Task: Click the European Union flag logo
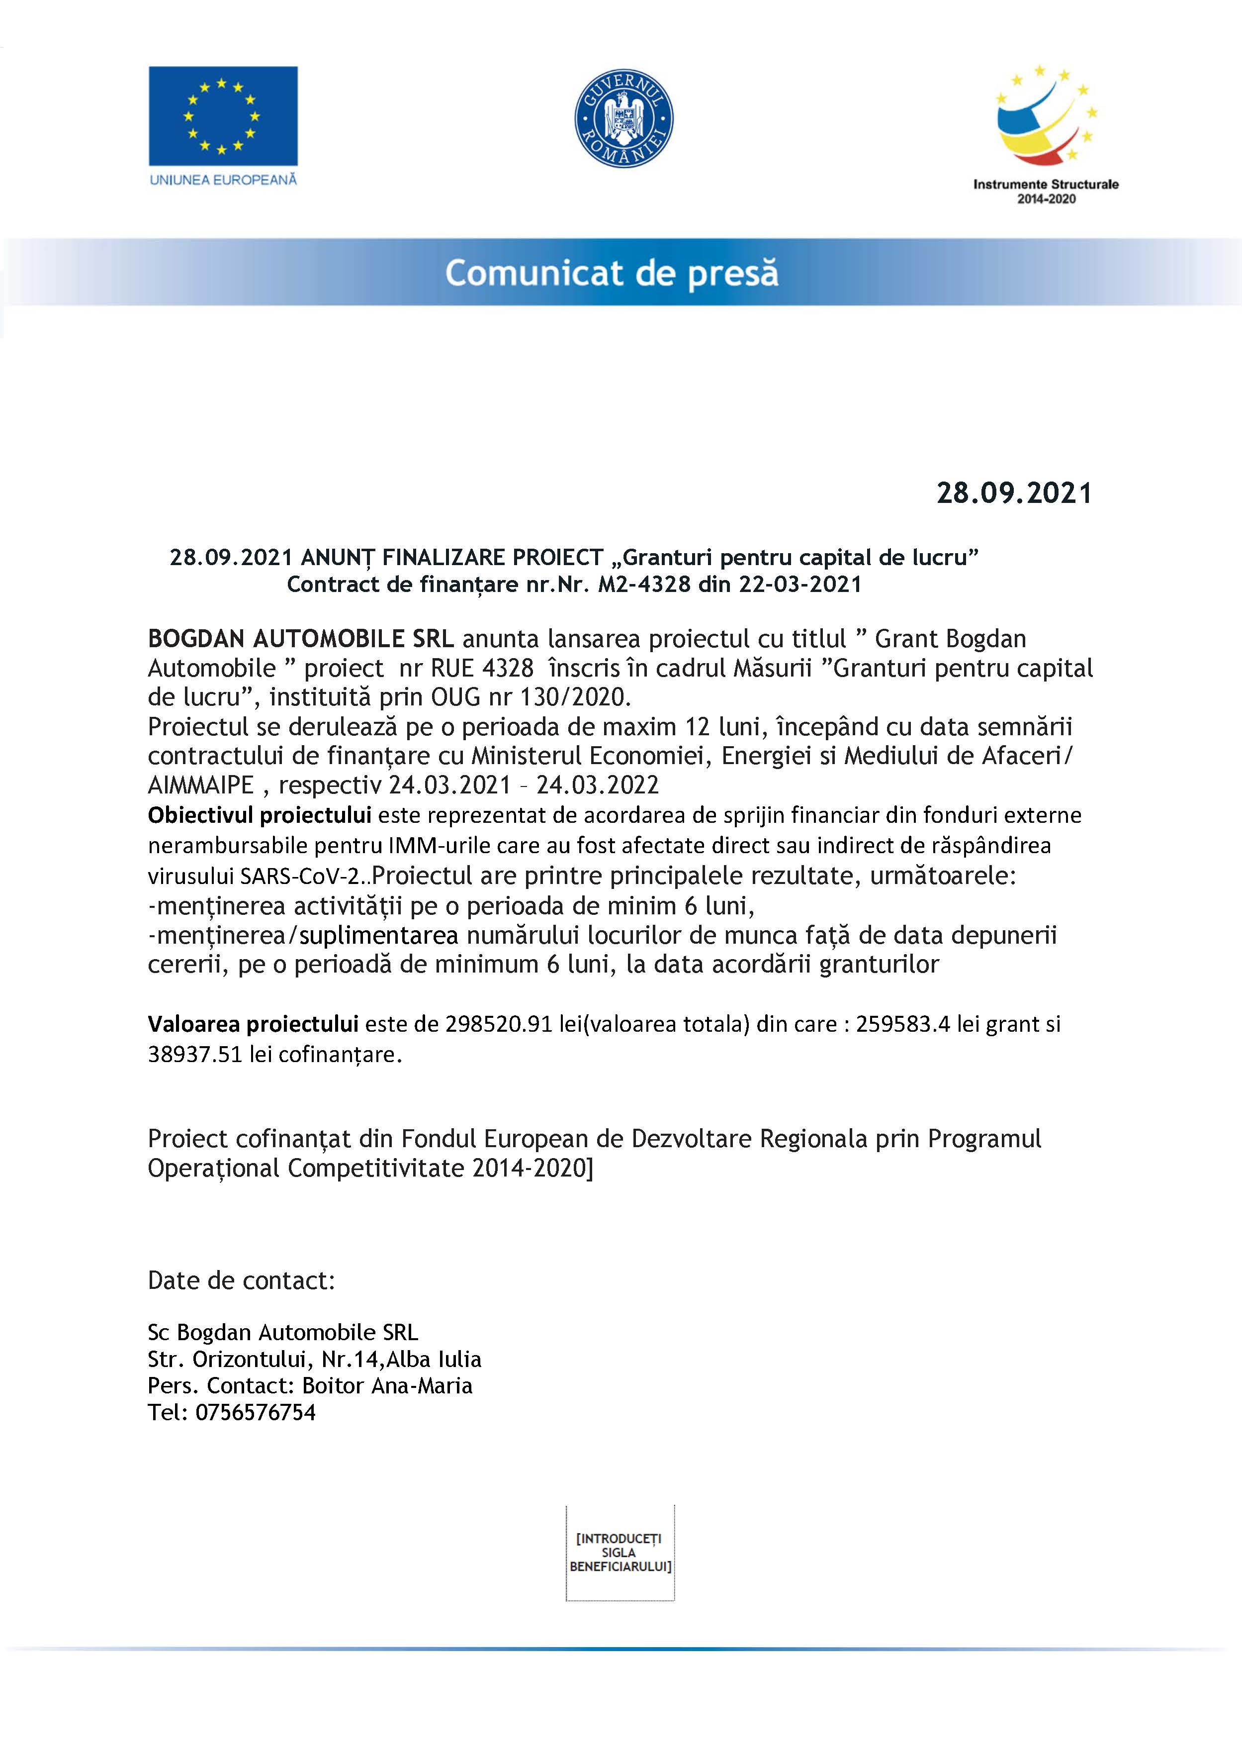(223, 116)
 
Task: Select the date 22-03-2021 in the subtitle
(800, 585)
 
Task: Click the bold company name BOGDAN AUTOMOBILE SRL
(301, 638)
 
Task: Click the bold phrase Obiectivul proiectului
(260, 815)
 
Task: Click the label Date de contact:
(241, 1280)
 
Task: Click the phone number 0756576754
(256, 1412)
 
